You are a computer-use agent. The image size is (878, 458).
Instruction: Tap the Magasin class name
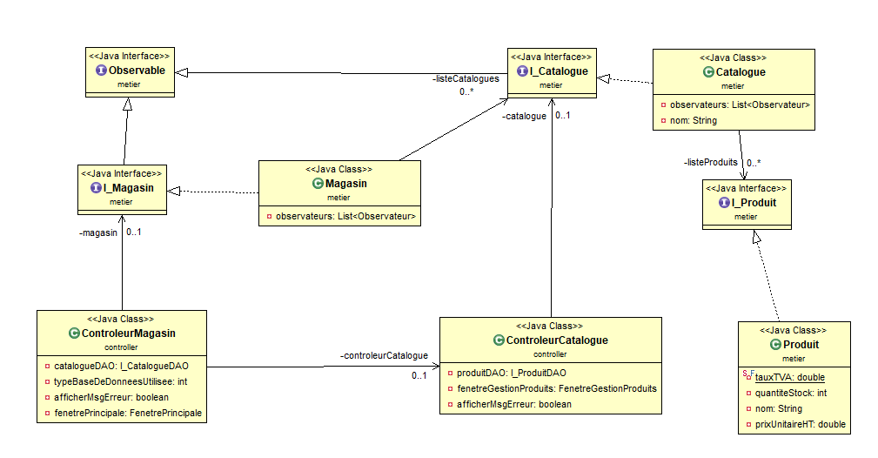click(x=345, y=183)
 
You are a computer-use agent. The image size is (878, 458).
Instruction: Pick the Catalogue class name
click(x=741, y=72)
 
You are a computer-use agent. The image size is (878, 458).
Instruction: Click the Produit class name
click(x=801, y=345)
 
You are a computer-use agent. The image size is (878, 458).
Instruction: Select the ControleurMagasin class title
click(x=128, y=333)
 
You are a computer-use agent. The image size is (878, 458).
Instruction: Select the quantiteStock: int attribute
click(x=791, y=393)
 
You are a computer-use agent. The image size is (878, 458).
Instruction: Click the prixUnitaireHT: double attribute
click(x=801, y=424)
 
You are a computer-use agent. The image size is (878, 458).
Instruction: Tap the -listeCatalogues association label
click(x=466, y=78)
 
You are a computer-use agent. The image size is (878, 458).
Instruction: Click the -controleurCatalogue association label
click(x=384, y=355)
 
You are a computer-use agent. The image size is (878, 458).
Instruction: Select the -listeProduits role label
click(x=710, y=162)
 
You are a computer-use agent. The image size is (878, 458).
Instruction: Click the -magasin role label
click(x=97, y=232)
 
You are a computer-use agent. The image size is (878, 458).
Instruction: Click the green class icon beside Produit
click(x=776, y=345)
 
